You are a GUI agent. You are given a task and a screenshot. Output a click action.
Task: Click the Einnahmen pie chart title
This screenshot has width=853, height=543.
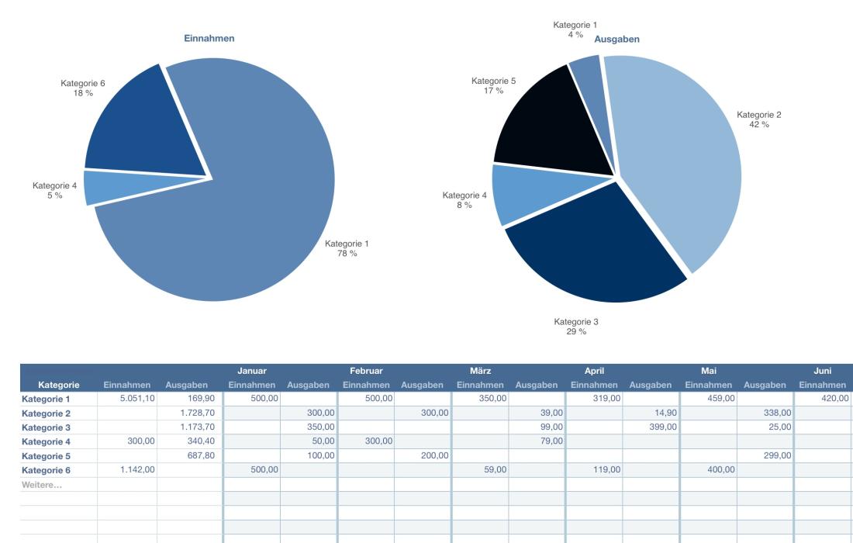(209, 38)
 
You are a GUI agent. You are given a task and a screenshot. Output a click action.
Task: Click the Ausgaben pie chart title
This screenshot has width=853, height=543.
(616, 39)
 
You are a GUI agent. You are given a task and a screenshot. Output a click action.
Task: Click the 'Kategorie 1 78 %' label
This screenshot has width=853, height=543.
(346, 248)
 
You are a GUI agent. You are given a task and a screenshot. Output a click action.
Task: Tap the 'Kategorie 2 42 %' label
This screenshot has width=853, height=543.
(758, 119)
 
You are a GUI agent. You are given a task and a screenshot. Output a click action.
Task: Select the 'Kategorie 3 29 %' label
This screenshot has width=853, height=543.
(575, 326)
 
